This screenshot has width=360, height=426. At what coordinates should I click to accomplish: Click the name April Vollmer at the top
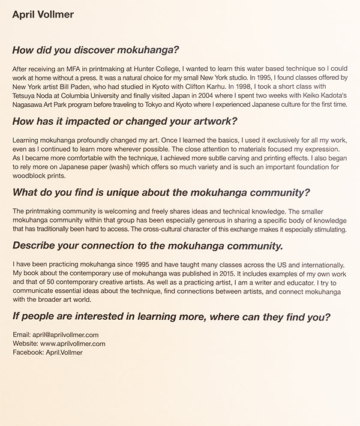(x=43, y=14)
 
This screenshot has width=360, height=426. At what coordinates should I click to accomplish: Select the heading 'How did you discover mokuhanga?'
(x=96, y=49)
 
